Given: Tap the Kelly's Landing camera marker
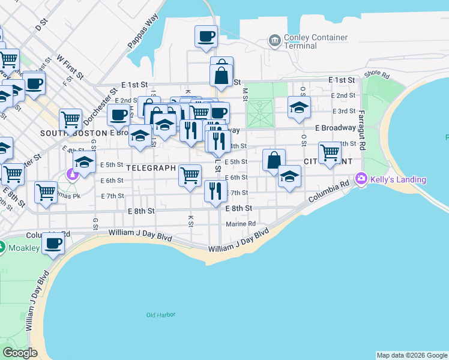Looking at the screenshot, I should coord(361,178).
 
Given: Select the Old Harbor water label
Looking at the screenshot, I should coord(159,314).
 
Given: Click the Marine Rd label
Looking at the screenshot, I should coord(241,224).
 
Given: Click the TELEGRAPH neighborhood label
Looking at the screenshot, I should coord(151,168).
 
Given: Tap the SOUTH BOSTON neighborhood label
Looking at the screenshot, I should coord(65,133).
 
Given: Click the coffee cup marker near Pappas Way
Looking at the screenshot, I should coord(206,36).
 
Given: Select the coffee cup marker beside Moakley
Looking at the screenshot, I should coord(53,244).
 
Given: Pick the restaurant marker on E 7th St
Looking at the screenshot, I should coord(215,191).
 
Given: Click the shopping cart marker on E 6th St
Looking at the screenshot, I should coord(190,176).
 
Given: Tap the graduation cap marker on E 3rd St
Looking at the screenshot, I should coord(298,107).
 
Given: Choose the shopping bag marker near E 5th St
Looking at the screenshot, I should coord(274,160).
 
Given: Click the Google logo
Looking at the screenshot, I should coord(20,353).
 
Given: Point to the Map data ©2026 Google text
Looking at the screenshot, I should coord(411,355).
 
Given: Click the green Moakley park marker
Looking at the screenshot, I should coord(2,247).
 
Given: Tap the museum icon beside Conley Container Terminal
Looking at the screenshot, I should coord(275,40).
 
